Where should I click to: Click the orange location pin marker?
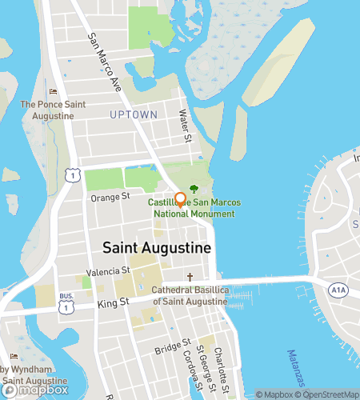pos(181,200)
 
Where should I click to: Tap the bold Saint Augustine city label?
pos(157,248)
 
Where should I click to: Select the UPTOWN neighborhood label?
pos(134,115)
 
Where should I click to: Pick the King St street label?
pos(114,303)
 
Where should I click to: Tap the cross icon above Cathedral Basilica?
pos(190,277)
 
